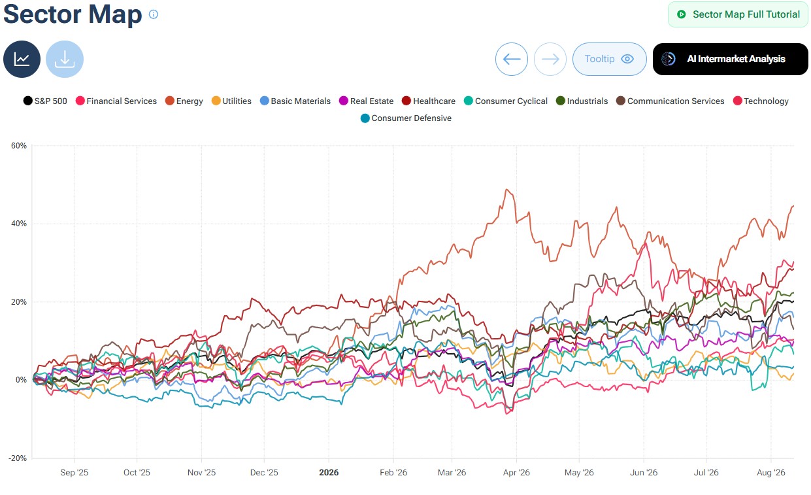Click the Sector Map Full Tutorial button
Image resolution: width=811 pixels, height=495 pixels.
pyautogui.click(x=738, y=14)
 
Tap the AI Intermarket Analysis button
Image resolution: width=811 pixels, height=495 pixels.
pyautogui.click(x=730, y=59)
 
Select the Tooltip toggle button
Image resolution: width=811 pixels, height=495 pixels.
pyautogui.click(x=609, y=59)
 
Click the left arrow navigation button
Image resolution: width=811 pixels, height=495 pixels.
pyautogui.click(x=512, y=59)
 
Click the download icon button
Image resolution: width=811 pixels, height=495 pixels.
pyautogui.click(x=65, y=59)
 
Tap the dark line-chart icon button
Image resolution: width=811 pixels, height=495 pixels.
pyautogui.click(x=22, y=59)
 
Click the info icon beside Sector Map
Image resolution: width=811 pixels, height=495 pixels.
pyautogui.click(x=154, y=14)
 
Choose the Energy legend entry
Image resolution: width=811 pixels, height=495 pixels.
pyautogui.click(x=184, y=101)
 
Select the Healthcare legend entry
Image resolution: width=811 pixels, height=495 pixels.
pyautogui.click(x=429, y=101)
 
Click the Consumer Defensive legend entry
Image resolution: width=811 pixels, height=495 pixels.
pyautogui.click(x=406, y=118)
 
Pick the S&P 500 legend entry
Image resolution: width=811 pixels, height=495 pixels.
pyautogui.click(x=45, y=101)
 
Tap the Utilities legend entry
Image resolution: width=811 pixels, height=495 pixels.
pyautogui.click(x=231, y=101)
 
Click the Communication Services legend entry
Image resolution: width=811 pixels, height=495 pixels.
pyautogui.click(x=670, y=101)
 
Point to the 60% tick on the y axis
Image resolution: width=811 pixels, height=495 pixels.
pyautogui.click(x=19, y=146)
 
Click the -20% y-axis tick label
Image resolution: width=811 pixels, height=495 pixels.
pyautogui.click(x=18, y=458)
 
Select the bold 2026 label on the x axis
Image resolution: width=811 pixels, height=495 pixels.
pyautogui.click(x=329, y=472)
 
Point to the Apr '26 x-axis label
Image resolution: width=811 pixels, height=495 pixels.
pyautogui.click(x=516, y=472)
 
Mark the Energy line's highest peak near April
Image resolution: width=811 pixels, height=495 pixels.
pyautogui.click(x=507, y=189)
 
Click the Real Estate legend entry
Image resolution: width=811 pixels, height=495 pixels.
pyautogui.click(x=367, y=101)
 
